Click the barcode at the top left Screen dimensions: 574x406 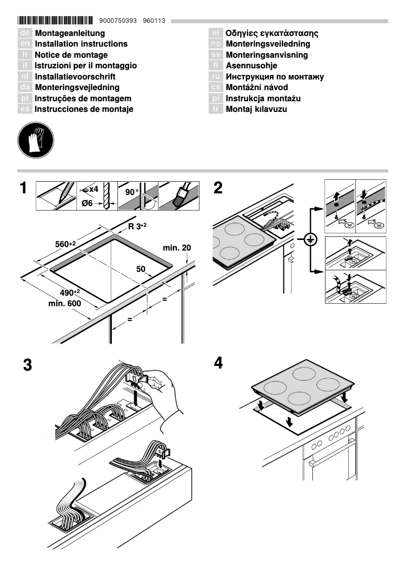[x=56, y=21]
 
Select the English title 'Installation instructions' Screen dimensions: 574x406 [x=81, y=44]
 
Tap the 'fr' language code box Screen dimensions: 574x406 [x=25, y=55]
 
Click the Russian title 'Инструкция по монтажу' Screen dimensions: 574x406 [x=274, y=77]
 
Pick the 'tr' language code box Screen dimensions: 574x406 [x=216, y=109]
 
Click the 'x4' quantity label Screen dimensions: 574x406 [x=93, y=189]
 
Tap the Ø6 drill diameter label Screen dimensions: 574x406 [x=88, y=203]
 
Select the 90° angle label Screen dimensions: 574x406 [x=132, y=192]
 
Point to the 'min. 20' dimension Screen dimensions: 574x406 [x=177, y=248]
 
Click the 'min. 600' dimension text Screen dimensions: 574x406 [x=65, y=303]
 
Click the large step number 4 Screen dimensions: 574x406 [x=218, y=363]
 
